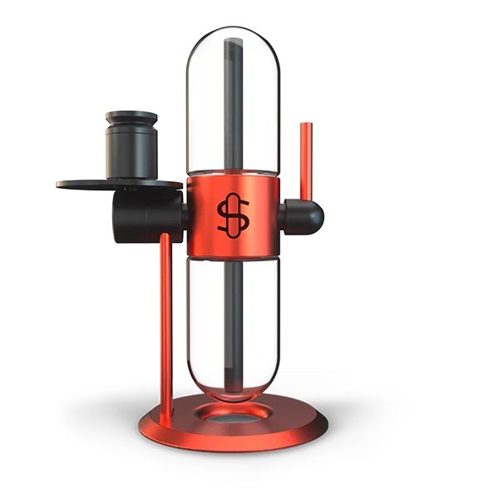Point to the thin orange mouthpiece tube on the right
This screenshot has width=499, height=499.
[306, 166]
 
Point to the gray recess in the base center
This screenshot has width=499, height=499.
[234, 419]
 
